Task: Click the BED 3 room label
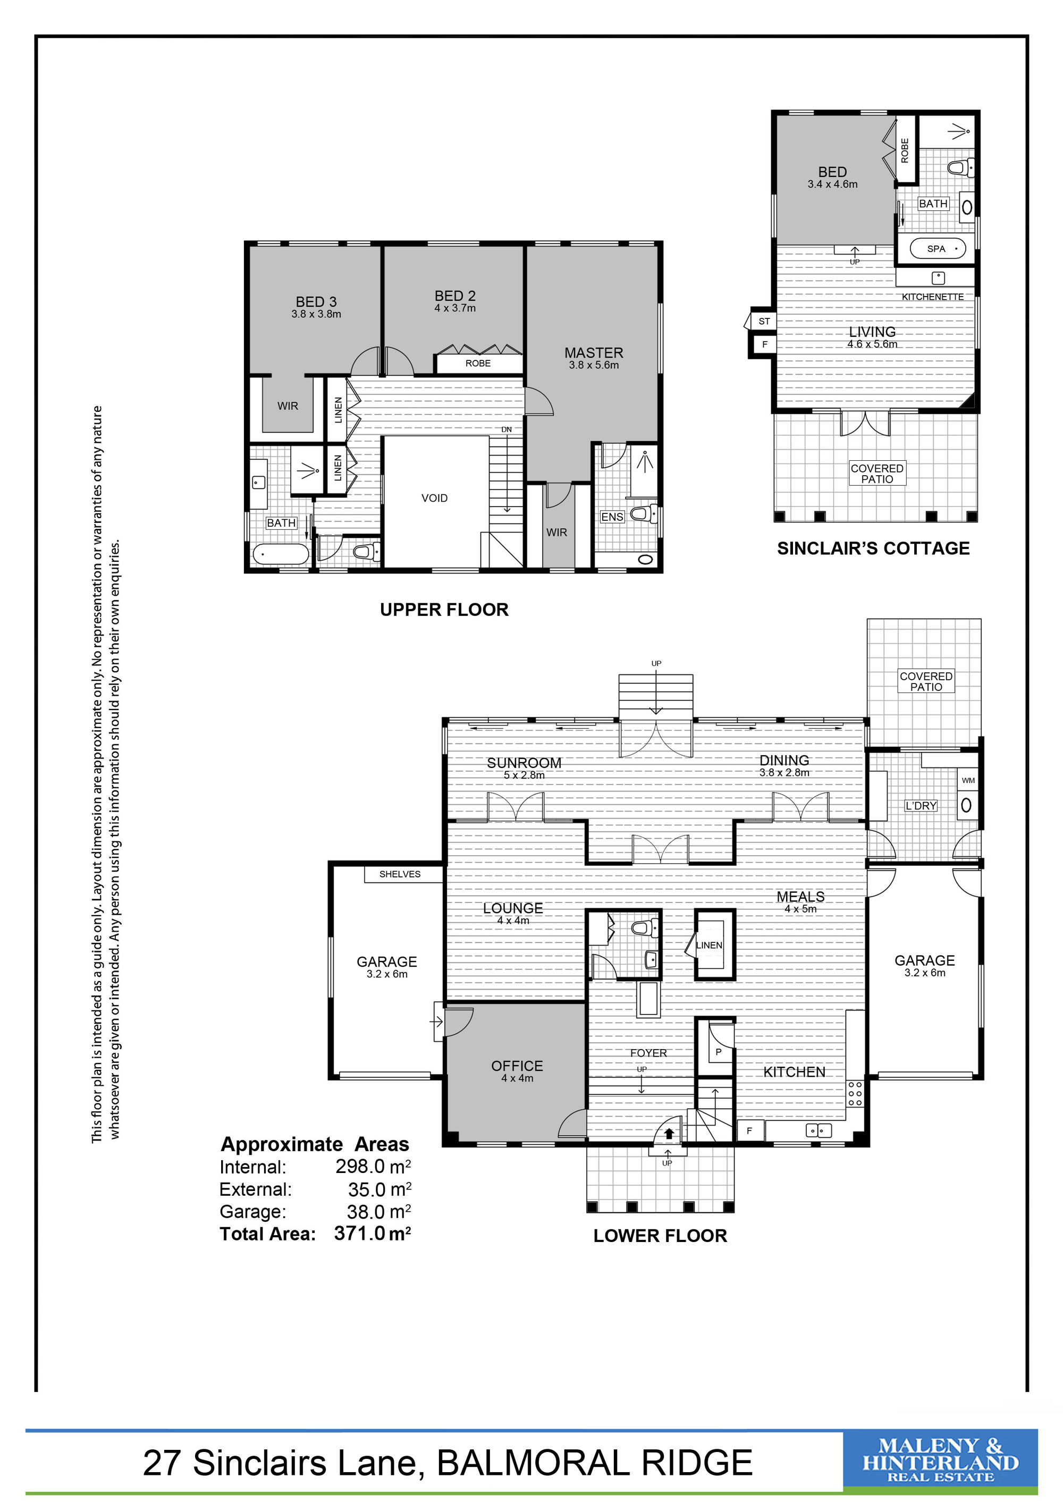[x=316, y=302]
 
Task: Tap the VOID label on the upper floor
[x=435, y=498]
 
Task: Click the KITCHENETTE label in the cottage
[x=933, y=297]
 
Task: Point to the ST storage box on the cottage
[x=764, y=322]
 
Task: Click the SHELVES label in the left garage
[x=400, y=874]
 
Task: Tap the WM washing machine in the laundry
[x=968, y=780]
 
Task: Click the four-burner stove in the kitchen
[x=855, y=1093]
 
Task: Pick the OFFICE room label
[x=517, y=1066]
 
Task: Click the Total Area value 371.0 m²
[x=373, y=1234]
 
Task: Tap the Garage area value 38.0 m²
[x=379, y=1211]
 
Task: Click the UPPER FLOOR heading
[x=444, y=610]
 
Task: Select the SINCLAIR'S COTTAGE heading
[x=873, y=548]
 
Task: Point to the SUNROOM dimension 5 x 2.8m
[x=524, y=775]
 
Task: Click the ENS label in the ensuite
[x=612, y=517]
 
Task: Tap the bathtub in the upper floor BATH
[x=281, y=554]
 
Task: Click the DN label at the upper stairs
[x=507, y=429]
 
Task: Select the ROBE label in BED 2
[x=478, y=364]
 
